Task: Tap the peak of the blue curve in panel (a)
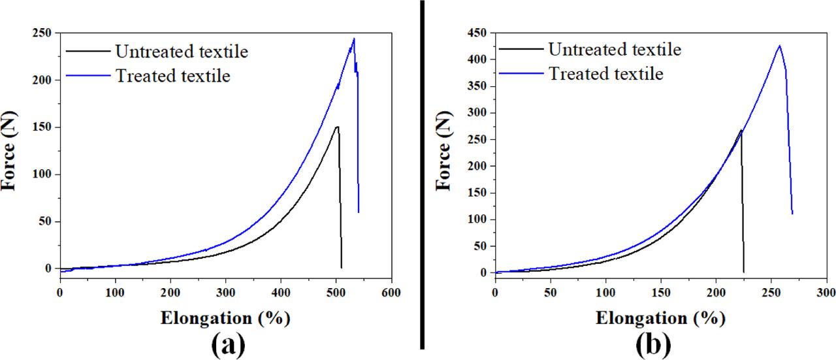(x=353, y=39)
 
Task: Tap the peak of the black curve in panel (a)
(x=336, y=127)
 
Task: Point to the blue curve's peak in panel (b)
(x=779, y=46)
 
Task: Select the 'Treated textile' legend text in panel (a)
(x=173, y=76)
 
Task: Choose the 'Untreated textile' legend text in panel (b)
(x=615, y=49)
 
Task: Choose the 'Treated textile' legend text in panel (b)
(x=606, y=73)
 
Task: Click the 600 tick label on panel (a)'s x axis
(x=391, y=292)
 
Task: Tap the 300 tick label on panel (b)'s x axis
(x=826, y=292)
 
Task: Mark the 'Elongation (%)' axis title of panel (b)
(x=660, y=318)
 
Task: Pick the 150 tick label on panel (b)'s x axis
(x=660, y=292)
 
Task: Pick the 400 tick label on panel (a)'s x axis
(x=281, y=292)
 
